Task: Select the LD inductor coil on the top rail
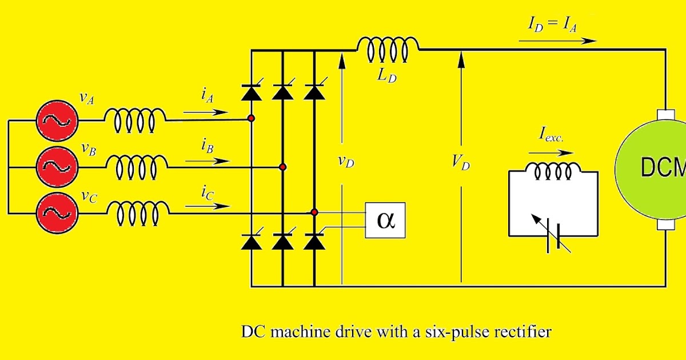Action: pos(388,50)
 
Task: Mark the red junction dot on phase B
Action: pos(282,167)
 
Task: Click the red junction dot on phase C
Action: pos(314,213)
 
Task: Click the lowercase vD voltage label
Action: pos(345,162)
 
